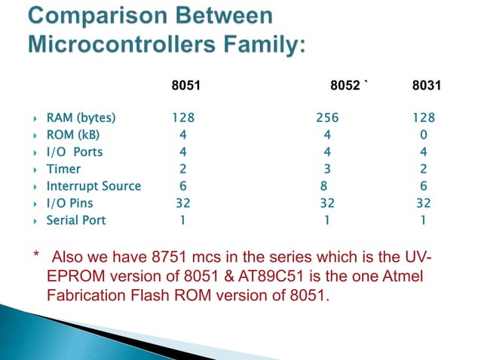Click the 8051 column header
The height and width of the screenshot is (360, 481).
point(186,88)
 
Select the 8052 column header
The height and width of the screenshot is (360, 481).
point(345,88)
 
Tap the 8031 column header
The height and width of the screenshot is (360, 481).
point(427,88)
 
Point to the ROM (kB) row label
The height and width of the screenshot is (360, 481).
point(73,135)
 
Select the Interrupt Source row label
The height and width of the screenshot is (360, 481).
point(93,186)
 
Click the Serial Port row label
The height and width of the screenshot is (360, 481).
point(76,221)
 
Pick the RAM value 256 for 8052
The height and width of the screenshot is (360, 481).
point(327,118)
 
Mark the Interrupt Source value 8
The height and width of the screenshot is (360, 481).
point(323,186)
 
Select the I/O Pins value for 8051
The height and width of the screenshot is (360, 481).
point(183,203)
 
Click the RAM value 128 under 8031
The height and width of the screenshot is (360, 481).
point(423,118)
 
